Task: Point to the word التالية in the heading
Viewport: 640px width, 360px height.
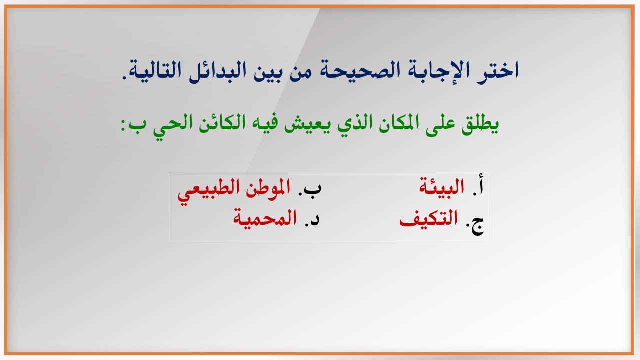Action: [x=155, y=70]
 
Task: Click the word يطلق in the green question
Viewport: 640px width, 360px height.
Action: [x=480, y=125]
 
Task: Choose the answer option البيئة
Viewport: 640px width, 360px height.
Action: [x=441, y=186]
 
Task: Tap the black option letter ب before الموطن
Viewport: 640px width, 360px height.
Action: [x=312, y=188]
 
